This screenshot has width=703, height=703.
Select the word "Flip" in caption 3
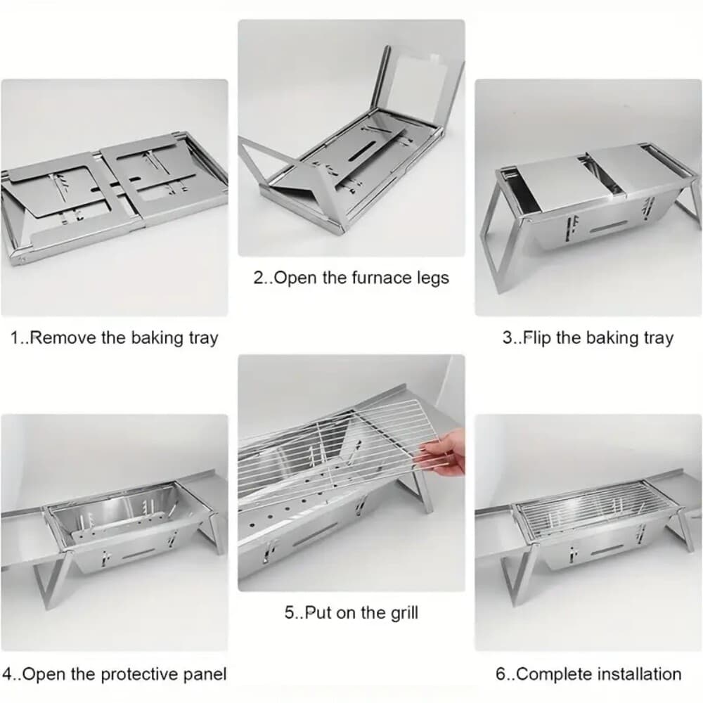536,337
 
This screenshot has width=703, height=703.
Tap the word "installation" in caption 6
640,674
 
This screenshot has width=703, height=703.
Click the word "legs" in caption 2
432,278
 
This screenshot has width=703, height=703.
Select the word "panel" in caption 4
205,675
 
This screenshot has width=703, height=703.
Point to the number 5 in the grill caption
289,613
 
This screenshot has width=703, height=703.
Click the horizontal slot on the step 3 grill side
608,227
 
